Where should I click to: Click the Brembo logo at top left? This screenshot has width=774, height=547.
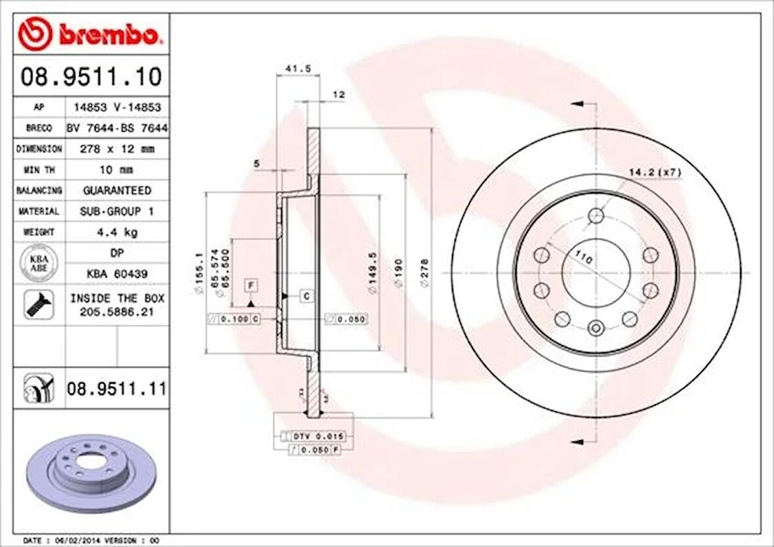click(89, 35)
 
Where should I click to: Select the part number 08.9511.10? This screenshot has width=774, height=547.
click(91, 77)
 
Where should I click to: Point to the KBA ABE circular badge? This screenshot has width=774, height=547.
click(39, 262)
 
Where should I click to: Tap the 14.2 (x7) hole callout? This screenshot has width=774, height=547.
click(655, 172)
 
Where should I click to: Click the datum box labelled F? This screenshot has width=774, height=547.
click(251, 285)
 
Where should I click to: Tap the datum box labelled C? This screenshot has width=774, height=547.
click(306, 296)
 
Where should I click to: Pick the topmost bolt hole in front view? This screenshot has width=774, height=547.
click(596, 215)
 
